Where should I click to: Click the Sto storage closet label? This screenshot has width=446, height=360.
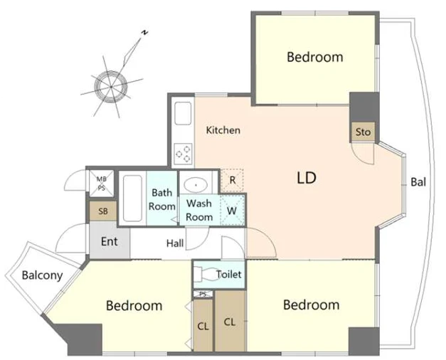pyautogui.click(x=363, y=132)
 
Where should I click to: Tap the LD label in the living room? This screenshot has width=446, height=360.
pyautogui.click(x=307, y=178)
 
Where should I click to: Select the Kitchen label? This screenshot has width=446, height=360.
pyautogui.click(x=223, y=130)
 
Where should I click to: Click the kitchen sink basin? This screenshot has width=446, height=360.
pyautogui.click(x=183, y=113)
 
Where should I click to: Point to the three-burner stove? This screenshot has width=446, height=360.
pyautogui.click(x=183, y=154)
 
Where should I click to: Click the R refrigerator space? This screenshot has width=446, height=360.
pyautogui.click(x=233, y=180)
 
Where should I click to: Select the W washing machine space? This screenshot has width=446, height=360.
pyautogui.click(x=233, y=211)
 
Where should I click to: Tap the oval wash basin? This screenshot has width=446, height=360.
pyautogui.click(x=196, y=185)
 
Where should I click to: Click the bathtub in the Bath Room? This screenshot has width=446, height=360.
pyautogui.click(x=132, y=198)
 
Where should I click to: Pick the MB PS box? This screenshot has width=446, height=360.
pyautogui.click(x=101, y=184)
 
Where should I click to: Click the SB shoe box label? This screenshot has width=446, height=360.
pyautogui.click(x=103, y=211)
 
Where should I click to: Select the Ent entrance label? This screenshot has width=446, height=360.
pyautogui.click(x=110, y=242)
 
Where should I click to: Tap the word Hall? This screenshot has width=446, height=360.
pyautogui.click(x=175, y=243)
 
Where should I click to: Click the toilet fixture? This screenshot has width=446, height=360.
pyautogui.click(x=207, y=274)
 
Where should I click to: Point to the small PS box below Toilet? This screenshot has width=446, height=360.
pyautogui.click(x=203, y=294)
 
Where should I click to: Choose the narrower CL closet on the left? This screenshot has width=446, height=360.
pyautogui.click(x=203, y=325)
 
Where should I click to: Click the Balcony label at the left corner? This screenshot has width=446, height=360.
pyautogui.click(x=42, y=275)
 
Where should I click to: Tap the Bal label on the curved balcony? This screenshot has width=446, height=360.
pyautogui.click(x=418, y=182)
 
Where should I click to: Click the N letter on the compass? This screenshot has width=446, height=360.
pyautogui.click(x=144, y=33)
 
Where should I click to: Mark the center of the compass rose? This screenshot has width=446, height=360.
pyautogui.click(x=111, y=87)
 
